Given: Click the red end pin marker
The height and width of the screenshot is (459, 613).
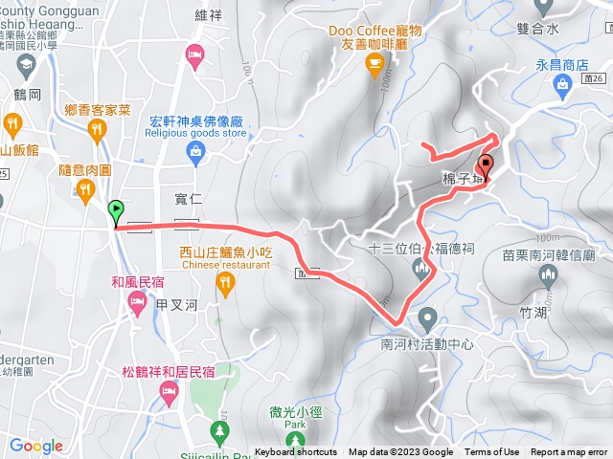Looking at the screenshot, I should (x=484, y=164).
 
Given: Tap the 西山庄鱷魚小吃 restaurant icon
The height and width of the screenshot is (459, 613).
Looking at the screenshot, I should (x=225, y=281).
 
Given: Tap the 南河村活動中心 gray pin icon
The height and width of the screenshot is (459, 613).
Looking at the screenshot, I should (x=427, y=317).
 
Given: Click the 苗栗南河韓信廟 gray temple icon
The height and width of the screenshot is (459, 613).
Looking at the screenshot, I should (x=549, y=277).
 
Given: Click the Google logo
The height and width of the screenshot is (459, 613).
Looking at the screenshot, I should (x=36, y=445).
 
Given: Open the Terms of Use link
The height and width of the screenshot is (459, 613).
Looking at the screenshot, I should (x=492, y=452).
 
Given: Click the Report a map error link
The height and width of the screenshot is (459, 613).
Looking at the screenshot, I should (x=569, y=452).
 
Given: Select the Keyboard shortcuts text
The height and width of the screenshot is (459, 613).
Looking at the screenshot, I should (x=296, y=452).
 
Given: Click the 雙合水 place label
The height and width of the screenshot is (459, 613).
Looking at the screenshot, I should (x=535, y=30).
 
